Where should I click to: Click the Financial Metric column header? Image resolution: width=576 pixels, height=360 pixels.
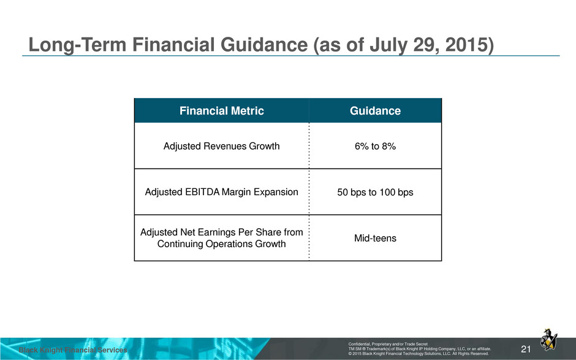point(221,110)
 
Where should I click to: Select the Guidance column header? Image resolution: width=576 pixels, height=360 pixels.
point(375,110)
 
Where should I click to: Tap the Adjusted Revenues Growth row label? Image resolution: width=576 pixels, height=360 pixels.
point(221,146)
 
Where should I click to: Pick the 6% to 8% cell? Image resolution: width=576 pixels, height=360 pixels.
point(375,146)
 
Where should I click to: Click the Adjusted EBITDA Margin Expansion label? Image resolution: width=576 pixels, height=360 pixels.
point(221,192)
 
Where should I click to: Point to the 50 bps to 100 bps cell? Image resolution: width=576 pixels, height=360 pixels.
point(375,193)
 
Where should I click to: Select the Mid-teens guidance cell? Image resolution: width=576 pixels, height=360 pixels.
point(375,239)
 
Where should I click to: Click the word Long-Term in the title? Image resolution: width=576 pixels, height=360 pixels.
point(77,45)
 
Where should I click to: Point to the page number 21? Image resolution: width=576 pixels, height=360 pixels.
point(526,349)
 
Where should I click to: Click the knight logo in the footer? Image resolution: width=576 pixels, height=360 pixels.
point(548,339)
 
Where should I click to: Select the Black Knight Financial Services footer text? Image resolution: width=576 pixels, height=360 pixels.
point(73,350)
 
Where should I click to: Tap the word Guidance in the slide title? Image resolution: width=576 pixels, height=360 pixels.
point(264,45)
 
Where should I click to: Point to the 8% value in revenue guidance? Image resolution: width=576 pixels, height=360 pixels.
point(388,146)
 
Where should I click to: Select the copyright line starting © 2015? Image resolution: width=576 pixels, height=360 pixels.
point(419,353)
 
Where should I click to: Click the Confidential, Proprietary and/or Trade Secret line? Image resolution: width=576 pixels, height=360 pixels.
point(388,344)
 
